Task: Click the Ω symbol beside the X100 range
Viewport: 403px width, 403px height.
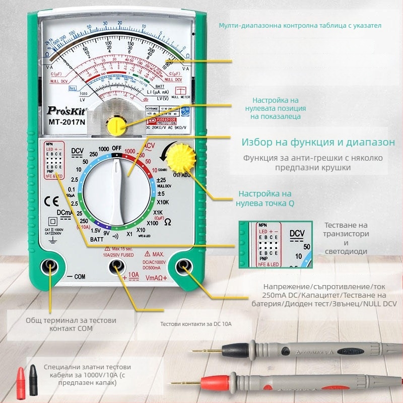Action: (x=168, y=221)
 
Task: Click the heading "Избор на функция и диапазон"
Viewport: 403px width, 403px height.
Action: (x=318, y=143)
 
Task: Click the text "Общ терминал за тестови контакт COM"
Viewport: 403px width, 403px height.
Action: (x=71, y=324)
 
